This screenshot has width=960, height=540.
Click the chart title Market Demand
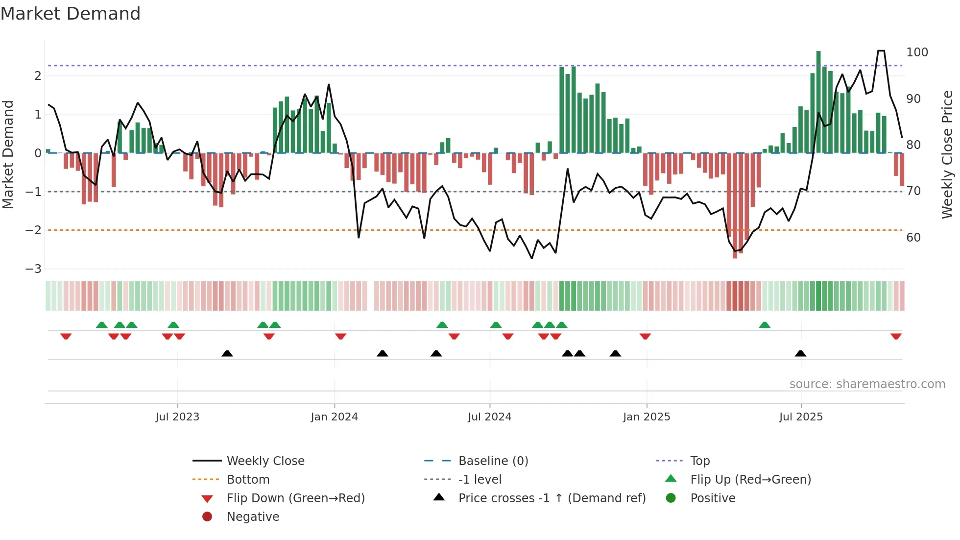71,14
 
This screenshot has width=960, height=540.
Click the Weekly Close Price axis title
947,154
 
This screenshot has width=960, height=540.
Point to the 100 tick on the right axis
917,52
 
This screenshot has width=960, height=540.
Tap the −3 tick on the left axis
33,269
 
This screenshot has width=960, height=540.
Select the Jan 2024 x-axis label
334,417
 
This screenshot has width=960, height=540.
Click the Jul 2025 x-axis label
801,417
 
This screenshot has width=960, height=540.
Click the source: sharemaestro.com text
867,384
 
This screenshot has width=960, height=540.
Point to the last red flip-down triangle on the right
896,337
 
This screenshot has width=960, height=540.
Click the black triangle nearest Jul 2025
800,353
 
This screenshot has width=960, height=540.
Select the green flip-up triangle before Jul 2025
765,325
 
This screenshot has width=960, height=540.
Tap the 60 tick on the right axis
913,238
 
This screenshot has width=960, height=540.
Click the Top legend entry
699,461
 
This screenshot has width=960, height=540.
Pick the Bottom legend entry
248,480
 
